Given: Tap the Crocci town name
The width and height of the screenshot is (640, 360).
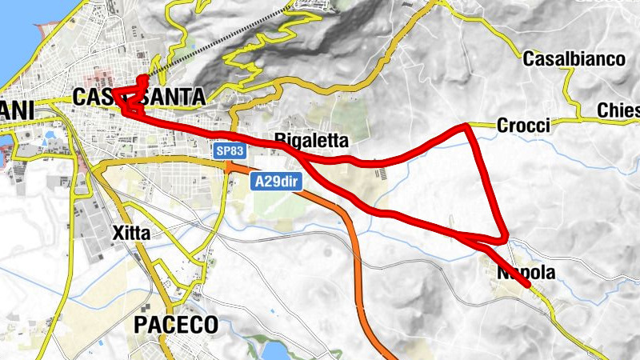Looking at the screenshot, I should click(523, 126).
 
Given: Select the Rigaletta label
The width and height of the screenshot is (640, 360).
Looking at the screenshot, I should click(312, 140).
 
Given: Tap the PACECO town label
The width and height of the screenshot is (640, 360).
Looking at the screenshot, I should click(175, 324).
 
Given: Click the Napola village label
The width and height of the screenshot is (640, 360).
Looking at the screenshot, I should click(526, 273).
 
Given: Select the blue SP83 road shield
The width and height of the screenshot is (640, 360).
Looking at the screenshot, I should click(228, 150).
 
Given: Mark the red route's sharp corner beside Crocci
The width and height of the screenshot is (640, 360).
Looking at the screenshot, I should click(468, 126).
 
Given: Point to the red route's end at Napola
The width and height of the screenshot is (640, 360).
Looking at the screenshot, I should click(528, 284).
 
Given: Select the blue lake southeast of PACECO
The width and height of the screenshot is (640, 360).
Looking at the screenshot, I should click(272, 353).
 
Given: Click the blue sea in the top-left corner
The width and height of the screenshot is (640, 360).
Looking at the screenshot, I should click(16, 32).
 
